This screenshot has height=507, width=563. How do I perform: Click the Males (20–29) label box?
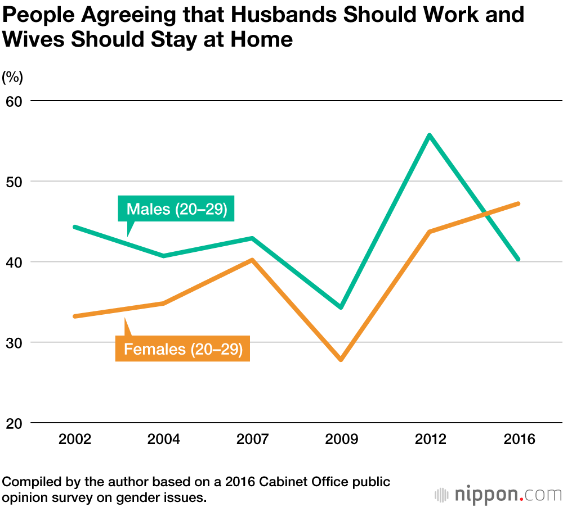pos(176,209)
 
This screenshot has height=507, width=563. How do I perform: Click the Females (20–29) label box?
pos(182,349)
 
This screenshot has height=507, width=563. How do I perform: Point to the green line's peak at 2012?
pos(429,135)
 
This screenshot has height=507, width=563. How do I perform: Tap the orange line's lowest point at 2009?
pos(341,359)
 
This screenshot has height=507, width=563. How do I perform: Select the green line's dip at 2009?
pos(341,307)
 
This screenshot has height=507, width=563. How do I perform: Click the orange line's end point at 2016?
pos(517,203)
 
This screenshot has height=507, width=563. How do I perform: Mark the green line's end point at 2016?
pos(517,259)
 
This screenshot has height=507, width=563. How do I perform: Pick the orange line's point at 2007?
pos(252,260)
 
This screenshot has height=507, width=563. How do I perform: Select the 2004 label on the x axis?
pos(164,439)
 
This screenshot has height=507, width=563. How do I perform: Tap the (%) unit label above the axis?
pos(12,78)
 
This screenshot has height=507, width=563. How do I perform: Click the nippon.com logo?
pos(498,495)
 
